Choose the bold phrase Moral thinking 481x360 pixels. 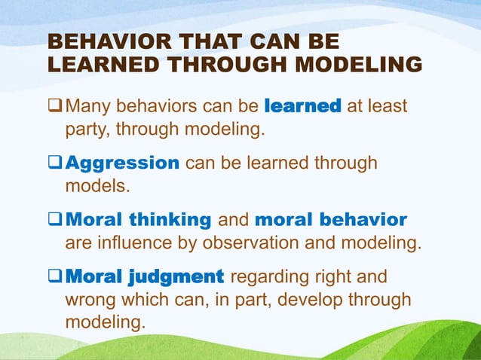[x=139, y=220]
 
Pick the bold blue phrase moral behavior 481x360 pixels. [x=331, y=220]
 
